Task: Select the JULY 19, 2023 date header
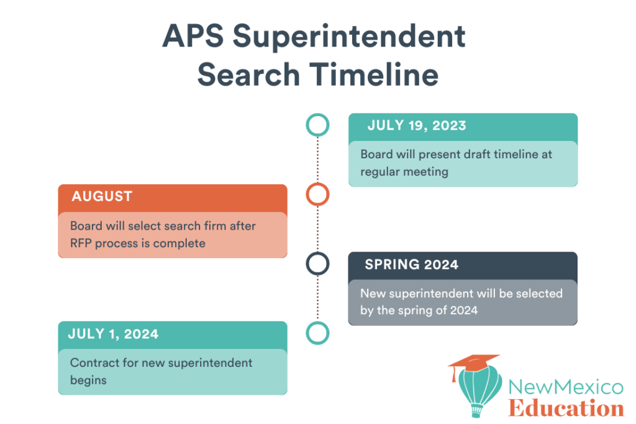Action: pyautogui.click(x=416, y=125)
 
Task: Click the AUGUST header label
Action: pyautogui.click(x=102, y=197)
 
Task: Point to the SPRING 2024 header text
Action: pyautogui.click(x=411, y=264)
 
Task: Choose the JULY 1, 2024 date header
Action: pyautogui.click(x=113, y=334)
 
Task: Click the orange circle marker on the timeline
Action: pyautogui.click(x=317, y=195)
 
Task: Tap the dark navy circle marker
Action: pyautogui.click(x=317, y=264)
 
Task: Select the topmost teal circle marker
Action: pyautogui.click(x=317, y=125)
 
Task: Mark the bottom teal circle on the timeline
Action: pyautogui.click(x=317, y=333)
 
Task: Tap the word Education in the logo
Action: pyautogui.click(x=565, y=408)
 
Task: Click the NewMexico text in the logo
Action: pyautogui.click(x=565, y=388)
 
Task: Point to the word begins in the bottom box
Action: pyautogui.click(x=88, y=380)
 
